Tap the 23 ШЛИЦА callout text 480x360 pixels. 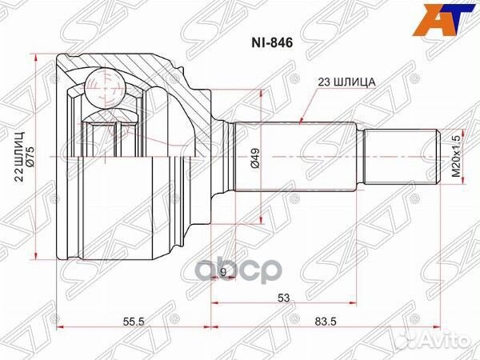(x=342, y=82)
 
